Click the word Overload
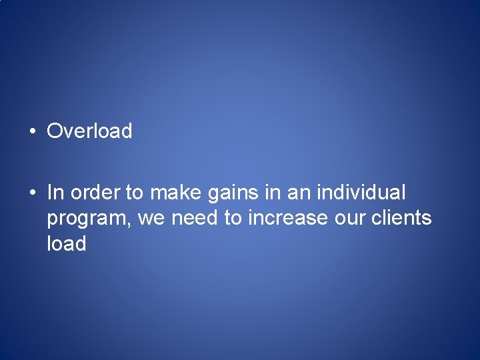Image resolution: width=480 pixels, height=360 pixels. (89, 131)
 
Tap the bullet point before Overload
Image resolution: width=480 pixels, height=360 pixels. (32, 131)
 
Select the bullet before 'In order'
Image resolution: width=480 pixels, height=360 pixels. (32, 193)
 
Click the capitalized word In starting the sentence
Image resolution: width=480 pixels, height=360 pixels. (55, 193)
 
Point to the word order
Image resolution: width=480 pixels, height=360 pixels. (95, 193)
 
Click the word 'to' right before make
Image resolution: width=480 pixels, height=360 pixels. (135, 193)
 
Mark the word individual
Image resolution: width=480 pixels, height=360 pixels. (361, 193)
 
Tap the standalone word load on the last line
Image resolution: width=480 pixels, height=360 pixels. (67, 243)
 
